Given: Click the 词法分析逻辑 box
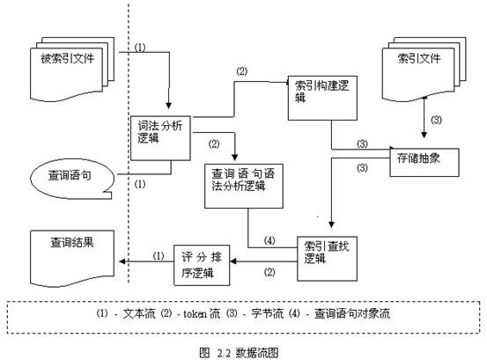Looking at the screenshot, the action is (x=160, y=138).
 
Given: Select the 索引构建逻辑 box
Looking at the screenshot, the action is (x=322, y=98).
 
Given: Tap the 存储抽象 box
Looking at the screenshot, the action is (x=424, y=163).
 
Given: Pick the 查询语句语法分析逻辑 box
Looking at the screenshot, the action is (x=244, y=187).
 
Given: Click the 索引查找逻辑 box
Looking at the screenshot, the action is (x=327, y=259).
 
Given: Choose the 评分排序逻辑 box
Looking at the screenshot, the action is (x=202, y=265).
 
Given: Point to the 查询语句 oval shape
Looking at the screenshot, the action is (x=72, y=179).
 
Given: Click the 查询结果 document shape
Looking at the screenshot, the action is (x=72, y=259).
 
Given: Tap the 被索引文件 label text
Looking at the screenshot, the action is (x=68, y=58).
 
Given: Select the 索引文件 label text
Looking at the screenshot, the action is (x=419, y=58).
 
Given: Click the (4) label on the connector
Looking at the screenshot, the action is (x=269, y=240).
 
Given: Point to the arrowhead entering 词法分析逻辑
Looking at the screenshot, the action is (x=169, y=105).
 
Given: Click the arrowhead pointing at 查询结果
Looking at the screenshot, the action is (x=122, y=261).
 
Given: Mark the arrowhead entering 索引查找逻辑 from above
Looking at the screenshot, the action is (x=331, y=224).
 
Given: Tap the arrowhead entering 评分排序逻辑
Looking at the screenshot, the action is (x=233, y=261).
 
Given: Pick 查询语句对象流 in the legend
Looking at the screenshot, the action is (x=352, y=313).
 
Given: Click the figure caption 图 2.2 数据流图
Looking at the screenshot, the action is (x=239, y=353).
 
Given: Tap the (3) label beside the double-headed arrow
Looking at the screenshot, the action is (x=436, y=120).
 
